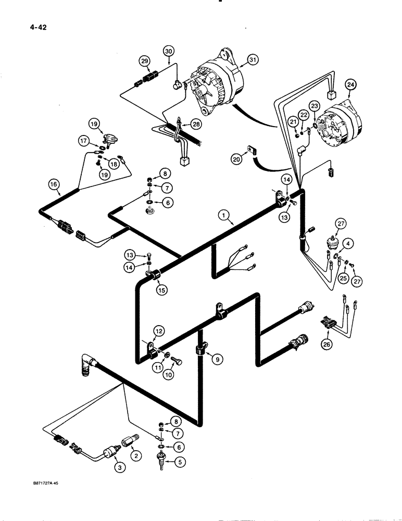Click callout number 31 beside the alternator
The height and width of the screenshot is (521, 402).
coord(253,60)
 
